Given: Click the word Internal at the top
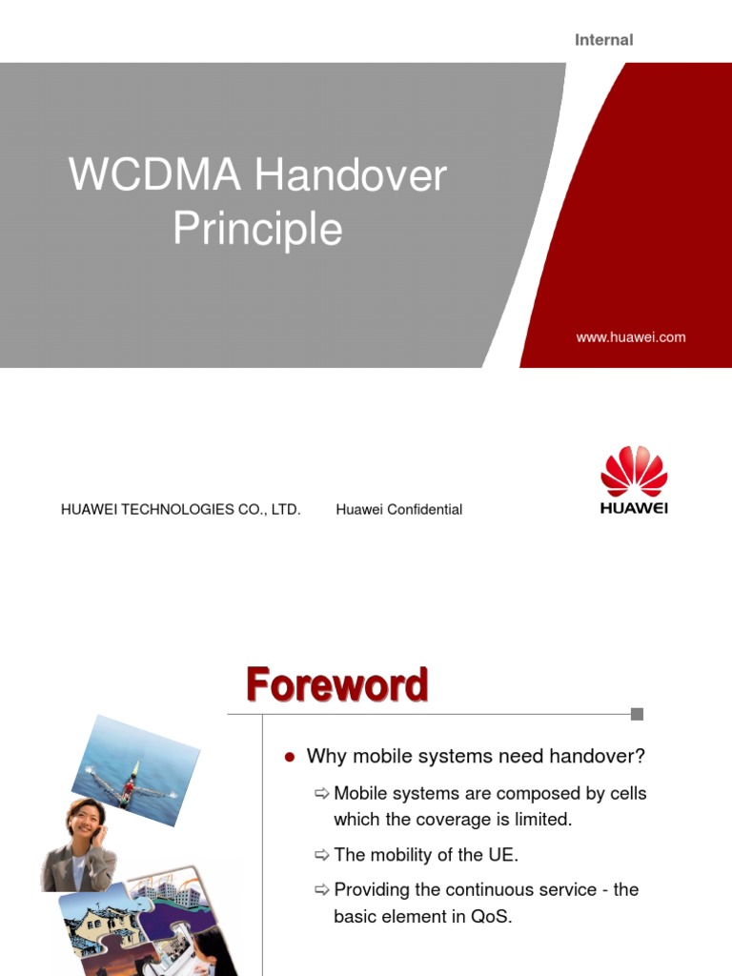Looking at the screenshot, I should click(x=603, y=40).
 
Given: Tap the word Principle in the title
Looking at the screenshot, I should click(x=257, y=230).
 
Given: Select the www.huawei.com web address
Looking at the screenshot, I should click(x=630, y=337).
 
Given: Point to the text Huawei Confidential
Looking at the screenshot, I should click(x=398, y=510).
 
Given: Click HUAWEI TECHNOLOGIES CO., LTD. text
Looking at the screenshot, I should click(x=181, y=510).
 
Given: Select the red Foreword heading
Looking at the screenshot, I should click(x=336, y=685).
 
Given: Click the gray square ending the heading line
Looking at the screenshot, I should click(x=638, y=714).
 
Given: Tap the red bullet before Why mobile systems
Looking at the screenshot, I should click(x=290, y=758).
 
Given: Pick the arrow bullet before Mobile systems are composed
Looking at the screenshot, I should click(x=321, y=794).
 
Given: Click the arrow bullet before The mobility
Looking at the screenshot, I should click(x=321, y=855).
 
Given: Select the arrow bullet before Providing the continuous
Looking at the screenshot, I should click(x=321, y=890).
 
